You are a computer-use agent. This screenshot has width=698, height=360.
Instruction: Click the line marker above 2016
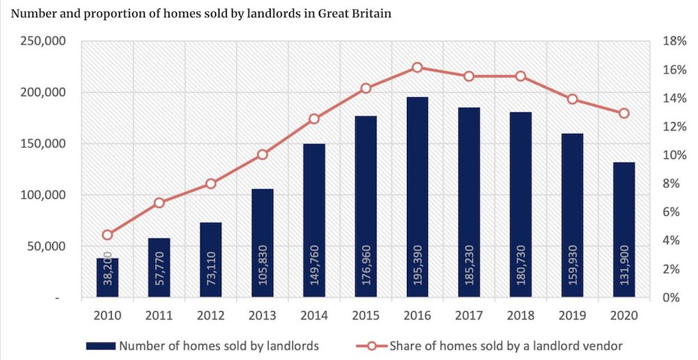click(x=417, y=68)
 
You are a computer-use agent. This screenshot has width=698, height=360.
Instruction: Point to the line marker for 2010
click(x=107, y=235)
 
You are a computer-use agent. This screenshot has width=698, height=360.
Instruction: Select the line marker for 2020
click(x=624, y=113)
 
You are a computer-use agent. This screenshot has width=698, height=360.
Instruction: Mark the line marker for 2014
click(x=314, y=119)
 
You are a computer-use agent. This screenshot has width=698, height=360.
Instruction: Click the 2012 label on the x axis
click(x=211, y=315)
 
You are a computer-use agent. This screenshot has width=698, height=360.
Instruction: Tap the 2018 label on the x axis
click(x=521, y=315)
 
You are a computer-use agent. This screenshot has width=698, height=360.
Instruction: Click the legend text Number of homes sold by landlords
click(x=219, y=345)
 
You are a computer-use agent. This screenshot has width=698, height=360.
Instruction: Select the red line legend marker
click(x=372, y=345)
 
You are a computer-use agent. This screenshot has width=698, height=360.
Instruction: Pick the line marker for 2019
click(x=572, y=99)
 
